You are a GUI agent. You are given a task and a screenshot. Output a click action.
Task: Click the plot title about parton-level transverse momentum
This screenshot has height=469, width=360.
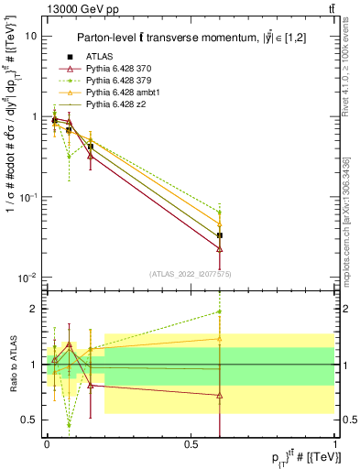(x=192, y=38)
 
